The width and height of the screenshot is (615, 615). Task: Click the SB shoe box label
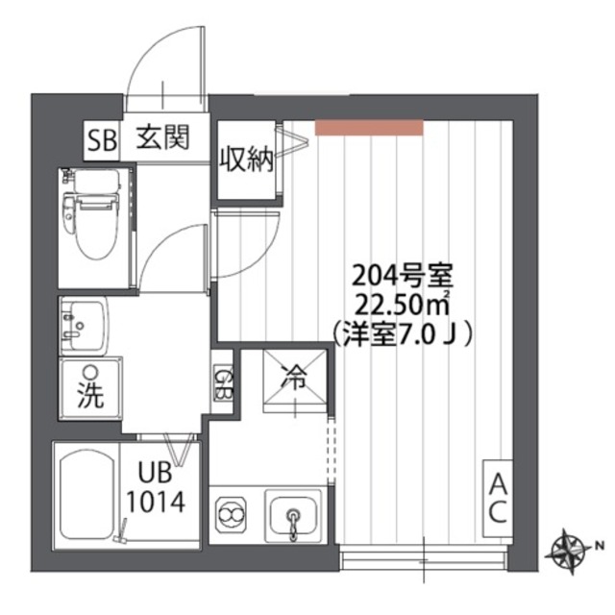101,139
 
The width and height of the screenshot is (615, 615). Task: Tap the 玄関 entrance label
160,138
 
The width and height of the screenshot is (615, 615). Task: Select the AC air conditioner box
497,496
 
